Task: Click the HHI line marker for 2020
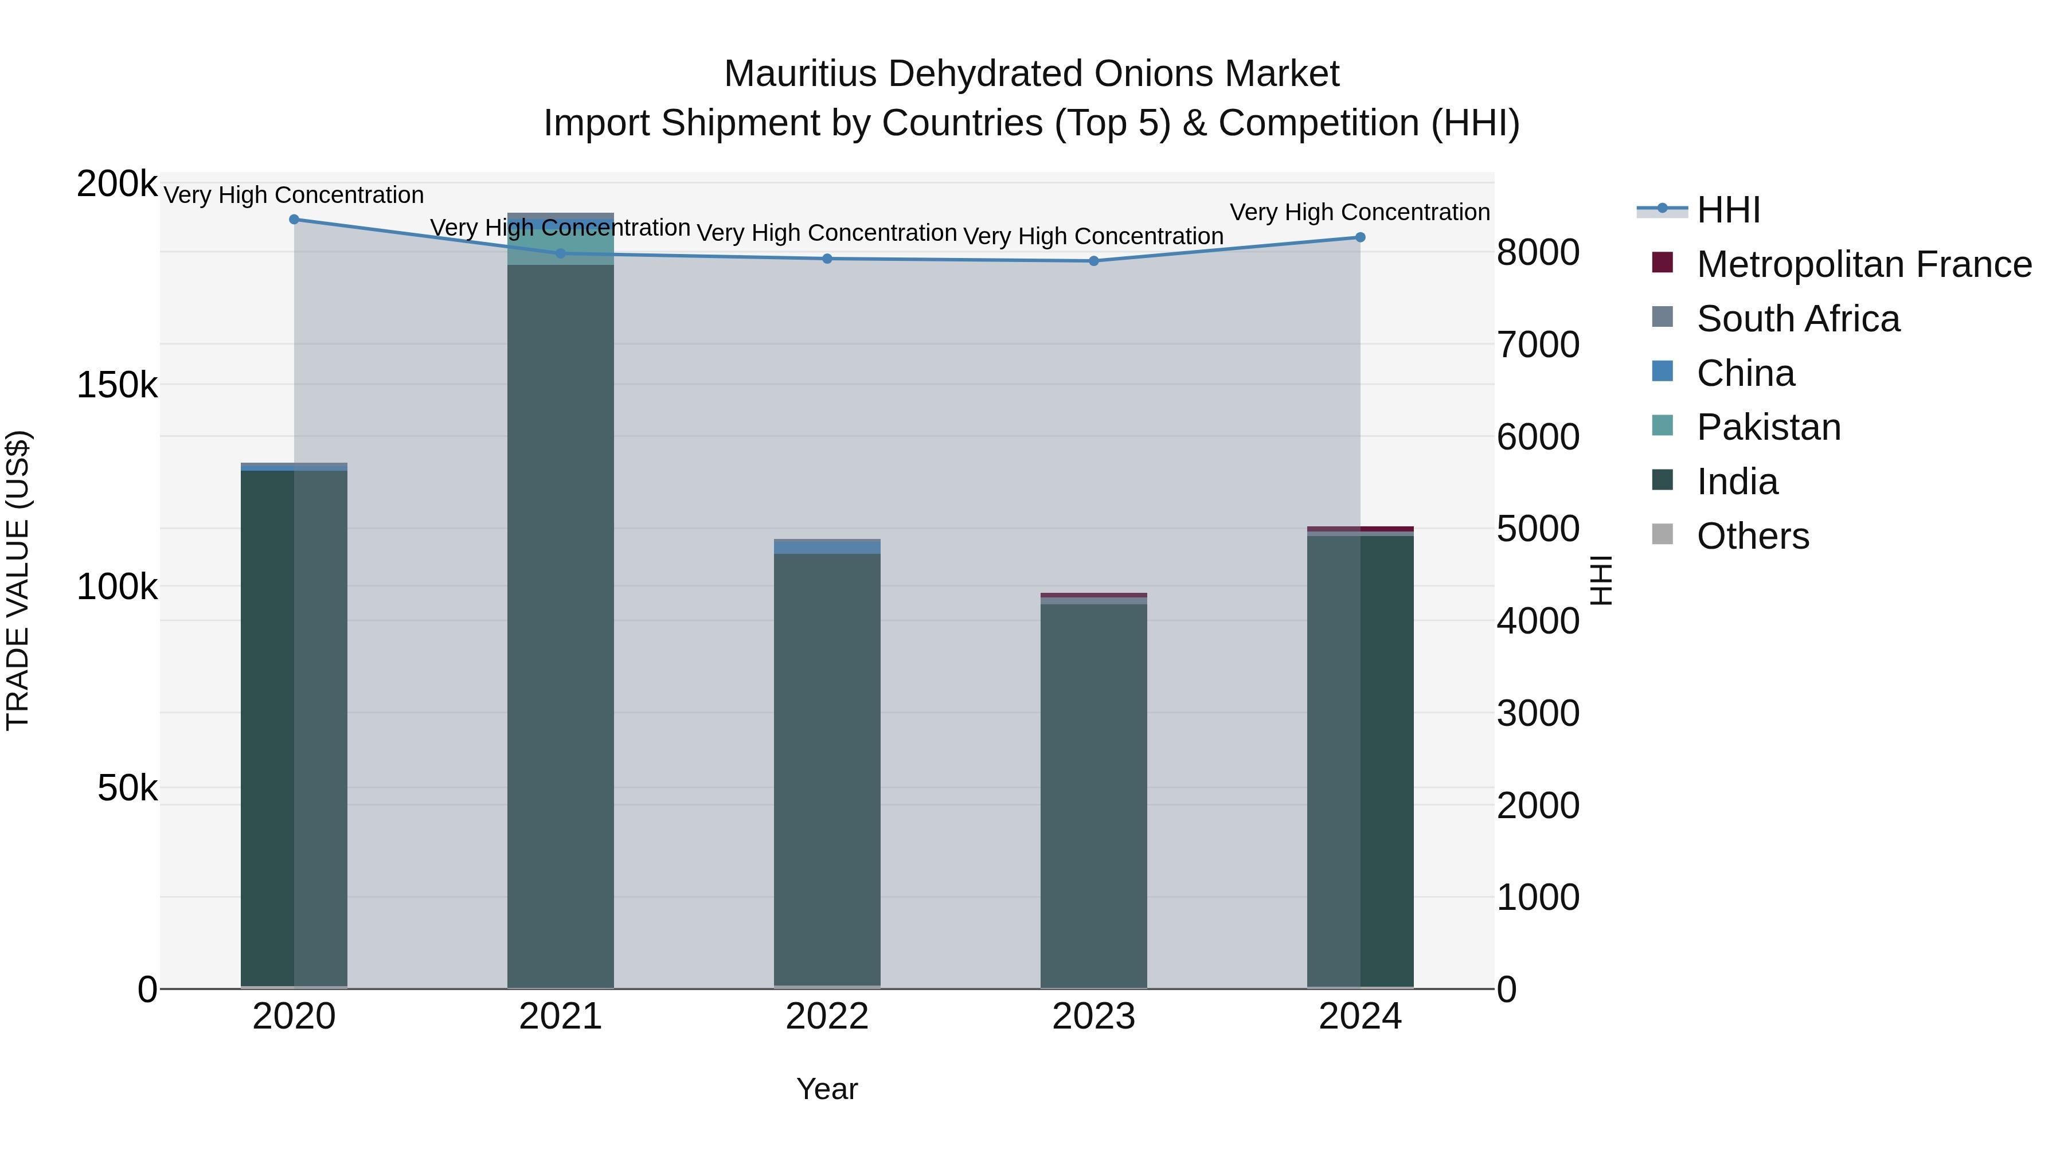coord(294,219)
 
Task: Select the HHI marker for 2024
coord(1360,237)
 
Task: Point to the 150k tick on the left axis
coord(117,385)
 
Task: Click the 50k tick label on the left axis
coord(127,788)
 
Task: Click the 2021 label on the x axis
coord(560,1016)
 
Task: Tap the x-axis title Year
coord(827,1089)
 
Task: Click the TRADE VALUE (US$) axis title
coord(18,580)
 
